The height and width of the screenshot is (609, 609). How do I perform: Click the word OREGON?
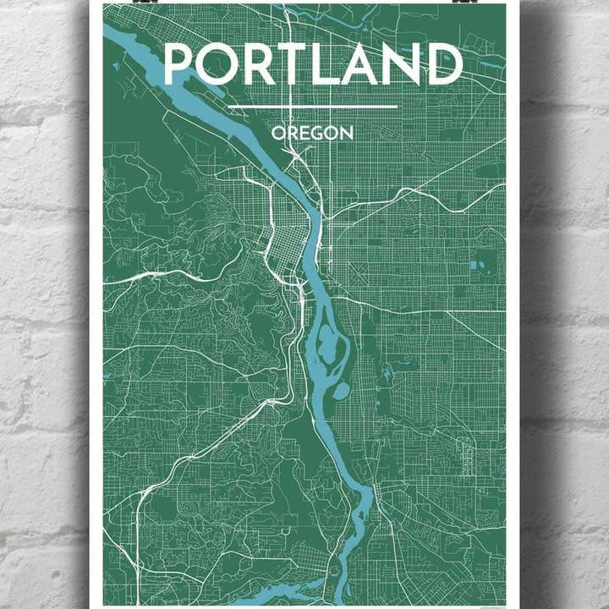pos(312,133)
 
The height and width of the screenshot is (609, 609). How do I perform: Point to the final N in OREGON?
pos(347,133)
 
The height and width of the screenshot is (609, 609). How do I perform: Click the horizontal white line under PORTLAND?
pos(312,107)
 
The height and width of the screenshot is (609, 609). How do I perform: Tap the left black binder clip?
pos(129,3)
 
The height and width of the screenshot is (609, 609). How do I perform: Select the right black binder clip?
pos(463,3)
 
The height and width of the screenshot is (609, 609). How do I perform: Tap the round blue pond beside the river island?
pos(342,391)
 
